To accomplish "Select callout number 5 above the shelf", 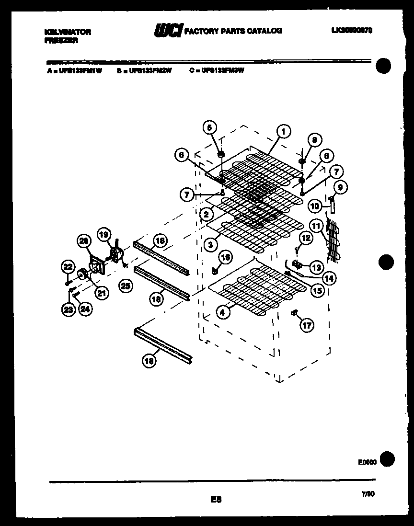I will click(209, 127).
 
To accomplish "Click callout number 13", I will click(316, 267).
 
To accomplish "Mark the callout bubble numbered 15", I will click(317, 290).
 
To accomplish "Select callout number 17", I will click(307, 326).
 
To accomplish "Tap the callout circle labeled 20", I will click(84, 241).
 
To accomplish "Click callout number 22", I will click(68, 267).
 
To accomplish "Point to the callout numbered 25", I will click(126, 286).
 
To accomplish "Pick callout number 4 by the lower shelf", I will click(222, 312).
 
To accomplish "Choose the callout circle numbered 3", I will click(210, 244).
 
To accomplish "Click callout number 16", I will click(226, 258).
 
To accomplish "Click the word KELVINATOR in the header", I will click(67, 32).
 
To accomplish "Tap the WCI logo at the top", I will click(167, 31).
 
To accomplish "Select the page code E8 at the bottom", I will click(216, 500).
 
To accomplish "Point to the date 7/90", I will click(368, 494).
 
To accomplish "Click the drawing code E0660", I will click(367, 462).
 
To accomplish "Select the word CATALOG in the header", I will click(266, 31).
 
